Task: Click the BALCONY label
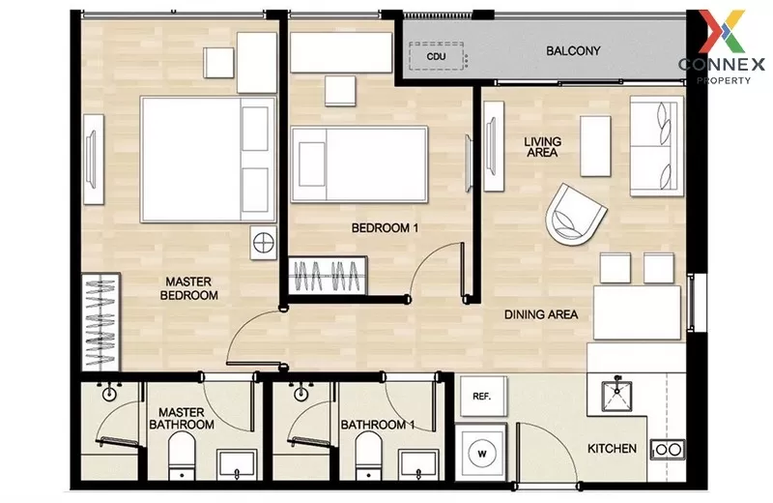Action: point(573,50)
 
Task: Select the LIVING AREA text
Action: point(542,147)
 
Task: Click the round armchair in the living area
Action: point(576,215)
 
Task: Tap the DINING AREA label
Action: point(541,314)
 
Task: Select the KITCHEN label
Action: point(613,448)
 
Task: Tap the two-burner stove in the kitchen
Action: point(667,449)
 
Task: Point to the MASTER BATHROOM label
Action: point(181,419)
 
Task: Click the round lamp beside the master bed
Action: point(262,241)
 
